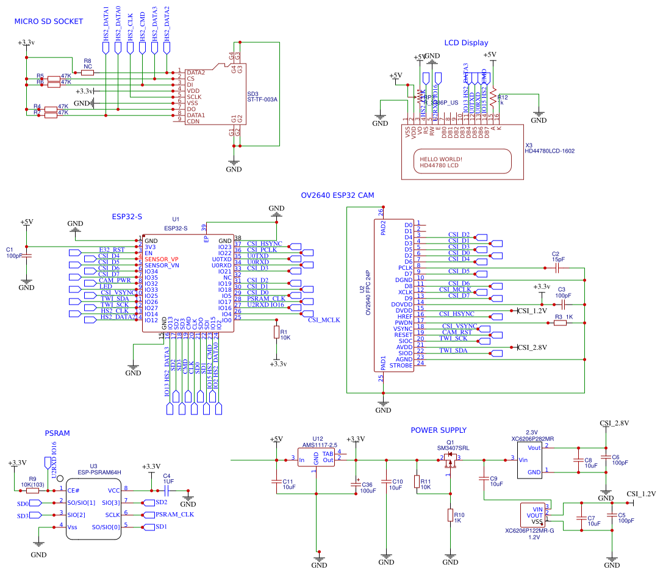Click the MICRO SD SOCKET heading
pos(49,21)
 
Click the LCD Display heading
pos(466,43)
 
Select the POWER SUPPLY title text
pos(439,430)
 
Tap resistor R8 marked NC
pos(87,72)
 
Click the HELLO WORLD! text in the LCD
pos(440,159)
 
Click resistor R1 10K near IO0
pos(276,333)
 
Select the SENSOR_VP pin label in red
pos(162,259)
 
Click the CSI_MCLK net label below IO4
pos(324,320)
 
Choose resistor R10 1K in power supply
pos(450,516)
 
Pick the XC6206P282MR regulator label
pos(532,438)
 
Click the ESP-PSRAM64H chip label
pos(99,472)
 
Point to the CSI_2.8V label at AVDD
pos(532,347)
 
